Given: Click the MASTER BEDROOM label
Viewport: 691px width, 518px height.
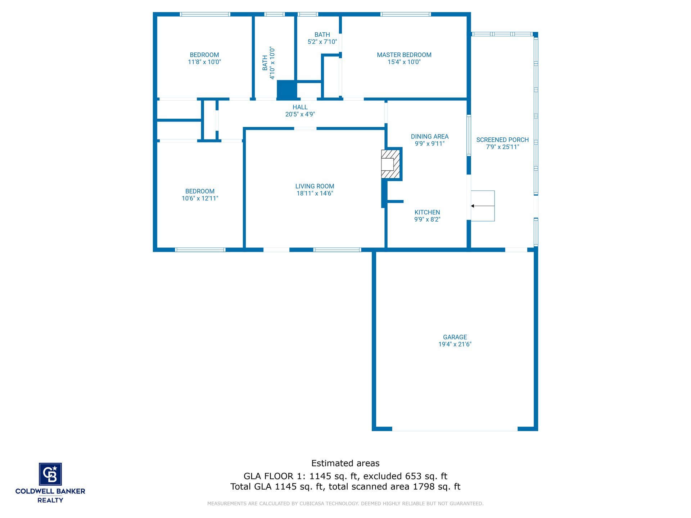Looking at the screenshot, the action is click(x=404, y=55).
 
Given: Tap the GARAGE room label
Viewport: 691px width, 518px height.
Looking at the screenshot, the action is click(x=455, y=337).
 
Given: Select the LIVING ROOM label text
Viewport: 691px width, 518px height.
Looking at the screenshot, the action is click(x=315, y=186).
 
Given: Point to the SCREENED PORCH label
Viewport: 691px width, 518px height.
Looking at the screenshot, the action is click(x=502, y=140).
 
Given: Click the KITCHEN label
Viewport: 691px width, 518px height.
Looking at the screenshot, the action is click(x=427, y=213).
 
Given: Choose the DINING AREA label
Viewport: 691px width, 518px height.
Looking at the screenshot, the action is click(x=430, y=137).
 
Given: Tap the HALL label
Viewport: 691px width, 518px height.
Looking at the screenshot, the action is click(x=300, y=107).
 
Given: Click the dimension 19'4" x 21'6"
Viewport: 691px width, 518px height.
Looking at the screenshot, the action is click(x=455, y=344).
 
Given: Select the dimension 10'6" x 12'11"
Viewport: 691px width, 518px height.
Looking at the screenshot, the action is click(x=200, y=199).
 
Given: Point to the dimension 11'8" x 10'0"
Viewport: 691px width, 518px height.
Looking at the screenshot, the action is click(x=204, y=62).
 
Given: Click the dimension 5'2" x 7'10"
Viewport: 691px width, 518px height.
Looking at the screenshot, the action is click(x=322, y=42).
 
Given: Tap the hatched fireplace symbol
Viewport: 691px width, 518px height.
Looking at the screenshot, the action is click(x=390, y=164).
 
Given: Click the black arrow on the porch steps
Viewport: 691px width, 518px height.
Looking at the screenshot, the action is click(x=483, y=206).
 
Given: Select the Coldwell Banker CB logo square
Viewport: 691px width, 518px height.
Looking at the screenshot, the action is click(x=50, y=474).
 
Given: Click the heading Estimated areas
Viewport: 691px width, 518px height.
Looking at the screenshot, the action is click(x=345, y=463).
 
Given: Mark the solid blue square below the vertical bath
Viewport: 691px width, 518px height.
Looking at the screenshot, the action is click(x=286, y=90).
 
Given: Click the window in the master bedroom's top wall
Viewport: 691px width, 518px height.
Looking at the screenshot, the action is click(x=406, y=14).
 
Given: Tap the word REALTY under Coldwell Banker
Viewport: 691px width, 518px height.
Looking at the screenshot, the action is click(x=50, y=500).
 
